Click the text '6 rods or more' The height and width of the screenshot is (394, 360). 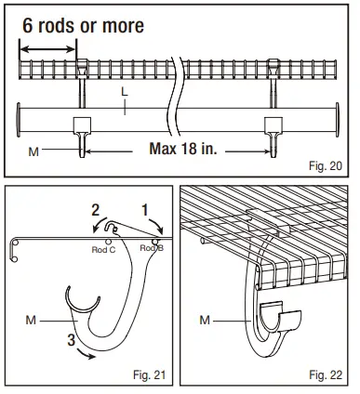pos(83,25)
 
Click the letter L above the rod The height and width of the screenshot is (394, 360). pos(125,93)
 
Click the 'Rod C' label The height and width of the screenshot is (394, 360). pos(103,249)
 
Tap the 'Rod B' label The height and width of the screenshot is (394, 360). pos(151,248)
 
